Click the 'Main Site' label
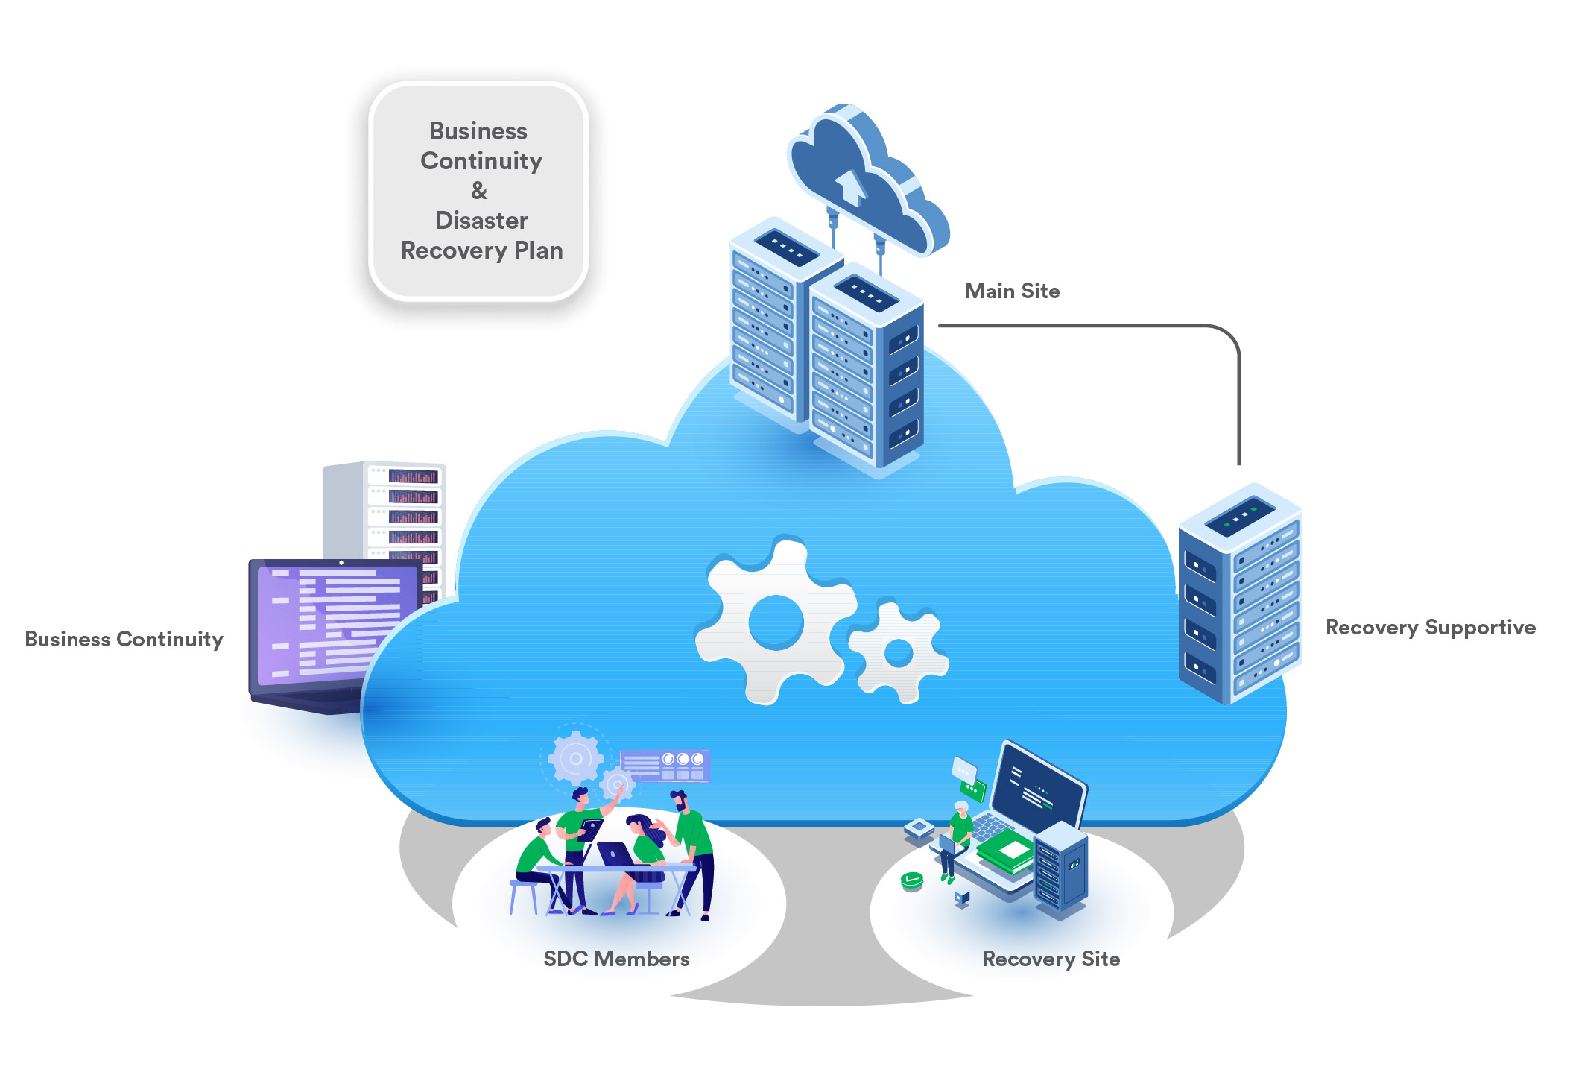(1012, 291)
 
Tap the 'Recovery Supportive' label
(1430, 628)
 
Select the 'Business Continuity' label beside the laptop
(124, 639)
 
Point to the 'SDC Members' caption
(616, 959)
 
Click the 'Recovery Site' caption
(1051, 959)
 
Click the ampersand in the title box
(479, 191)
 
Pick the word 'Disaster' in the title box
(481, 221)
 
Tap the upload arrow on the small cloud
(850, 186)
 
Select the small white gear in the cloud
(899, 653)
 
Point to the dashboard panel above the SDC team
(665, 766)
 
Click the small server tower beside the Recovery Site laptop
(1060, 868)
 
